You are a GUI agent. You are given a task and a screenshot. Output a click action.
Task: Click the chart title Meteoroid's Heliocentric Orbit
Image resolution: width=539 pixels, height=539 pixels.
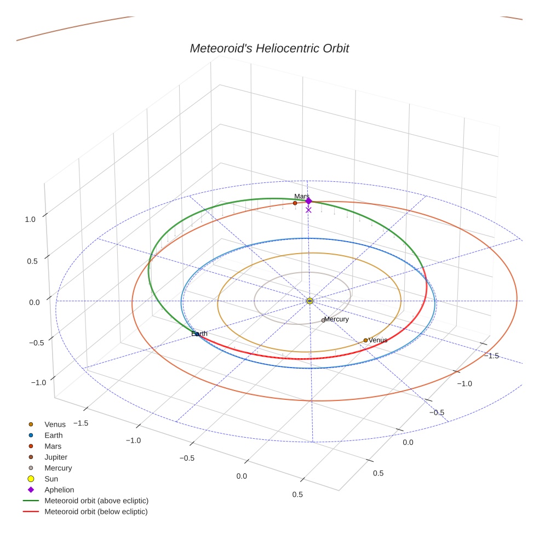pyautogui.click(x=269, y=48)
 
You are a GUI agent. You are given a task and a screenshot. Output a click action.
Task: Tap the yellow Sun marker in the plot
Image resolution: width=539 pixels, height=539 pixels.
pyautogui.click(x=309, y=301)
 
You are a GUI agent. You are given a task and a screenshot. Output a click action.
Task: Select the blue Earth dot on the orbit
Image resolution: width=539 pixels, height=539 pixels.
pyautogui.click(x=197, y=334)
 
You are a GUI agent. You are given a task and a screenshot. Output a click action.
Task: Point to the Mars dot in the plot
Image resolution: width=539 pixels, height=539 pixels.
pyautogui.click(x=295, y=203)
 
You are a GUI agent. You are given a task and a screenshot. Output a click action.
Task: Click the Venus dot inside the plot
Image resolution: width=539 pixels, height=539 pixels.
pyautogui.click(x=365, y=340)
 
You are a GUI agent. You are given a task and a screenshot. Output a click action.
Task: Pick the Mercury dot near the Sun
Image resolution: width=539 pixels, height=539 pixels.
pyautogui.click(x=323, y=320)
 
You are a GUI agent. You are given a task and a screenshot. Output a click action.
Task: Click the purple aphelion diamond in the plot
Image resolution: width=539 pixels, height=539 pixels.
pyautogui.click(x=308, y=201)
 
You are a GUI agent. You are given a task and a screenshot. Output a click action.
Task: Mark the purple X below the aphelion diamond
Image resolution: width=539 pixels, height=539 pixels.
pyautogui.click(x=308, y=210)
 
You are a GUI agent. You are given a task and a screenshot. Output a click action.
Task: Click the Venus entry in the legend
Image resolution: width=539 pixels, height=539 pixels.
pyautogui.click(x=55, y=424)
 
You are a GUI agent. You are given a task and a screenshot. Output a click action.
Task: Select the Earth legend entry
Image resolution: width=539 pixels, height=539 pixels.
pyautogui.click(x=54, y=435)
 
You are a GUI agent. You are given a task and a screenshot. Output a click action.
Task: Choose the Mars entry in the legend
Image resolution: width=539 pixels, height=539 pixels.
pyautogui.click(x=53, y=446)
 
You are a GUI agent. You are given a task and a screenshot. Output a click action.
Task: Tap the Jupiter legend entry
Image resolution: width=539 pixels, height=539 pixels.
pyautogui.click(x=56, y=457)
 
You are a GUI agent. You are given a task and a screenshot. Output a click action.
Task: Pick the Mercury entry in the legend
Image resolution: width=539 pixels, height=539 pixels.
pyautogui.click(x=58, y=468)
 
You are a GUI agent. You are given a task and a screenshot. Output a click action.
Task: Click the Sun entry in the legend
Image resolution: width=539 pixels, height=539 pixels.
pyautogui.click(x=51, y=479)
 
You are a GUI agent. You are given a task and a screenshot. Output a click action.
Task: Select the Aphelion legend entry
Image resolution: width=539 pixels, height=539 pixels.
pyautogui.click(x=59, y=490)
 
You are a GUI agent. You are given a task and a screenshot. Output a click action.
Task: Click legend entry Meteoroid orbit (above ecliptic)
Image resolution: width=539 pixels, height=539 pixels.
pyautogui.click(x=96, y=501)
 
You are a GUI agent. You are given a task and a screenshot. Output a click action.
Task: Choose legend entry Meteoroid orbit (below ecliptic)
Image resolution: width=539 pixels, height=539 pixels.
pyautogui.click(x=96, y=512)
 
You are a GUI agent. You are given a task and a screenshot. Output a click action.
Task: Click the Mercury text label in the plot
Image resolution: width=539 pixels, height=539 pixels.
pyautogui.click(x=336, y=319)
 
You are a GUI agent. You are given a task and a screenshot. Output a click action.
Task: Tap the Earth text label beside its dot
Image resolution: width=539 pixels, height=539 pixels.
pyautogui.click(x=200, y=334)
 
